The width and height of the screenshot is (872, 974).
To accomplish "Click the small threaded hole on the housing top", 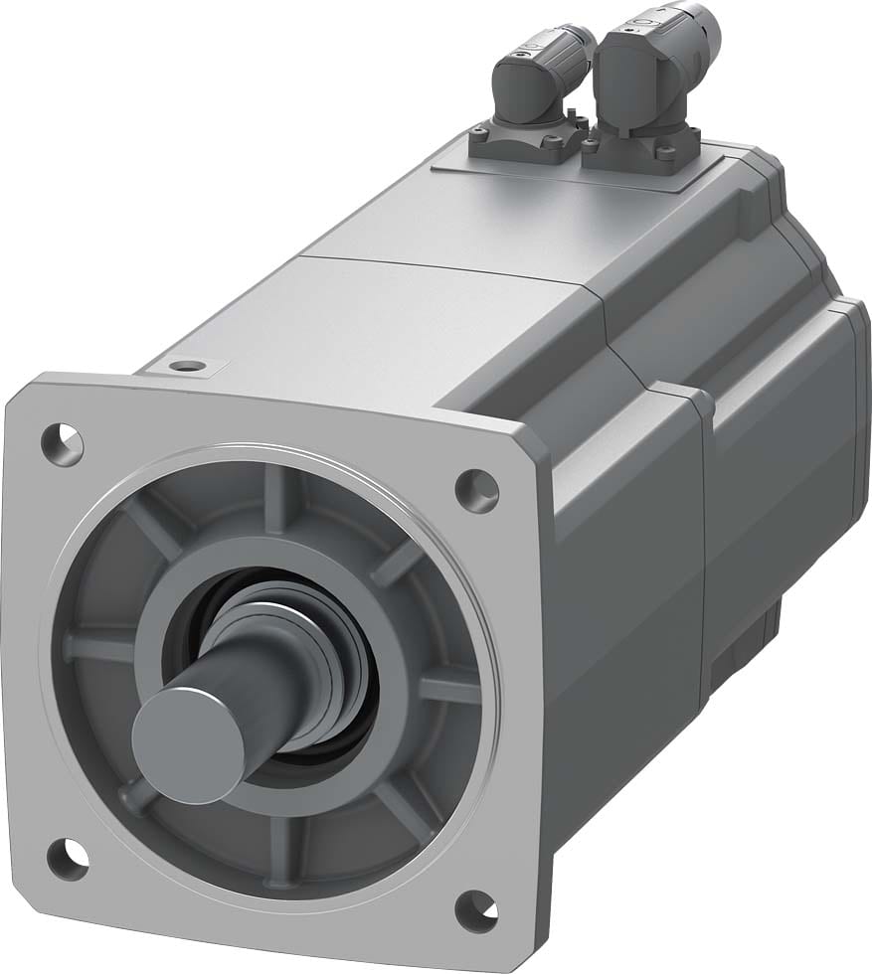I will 183,367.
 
